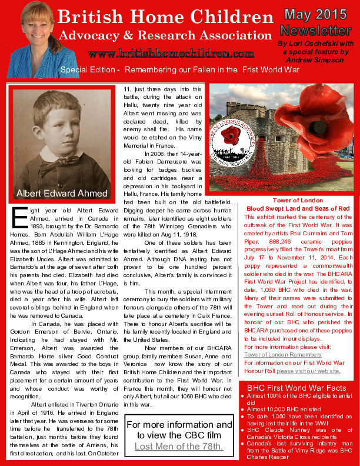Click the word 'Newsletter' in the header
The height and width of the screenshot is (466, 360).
pos(312,30)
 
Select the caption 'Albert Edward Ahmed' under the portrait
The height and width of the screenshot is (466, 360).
pos(62,193)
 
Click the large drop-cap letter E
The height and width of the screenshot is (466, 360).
pos(19,217)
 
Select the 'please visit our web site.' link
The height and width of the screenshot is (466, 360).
pos(309,371)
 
